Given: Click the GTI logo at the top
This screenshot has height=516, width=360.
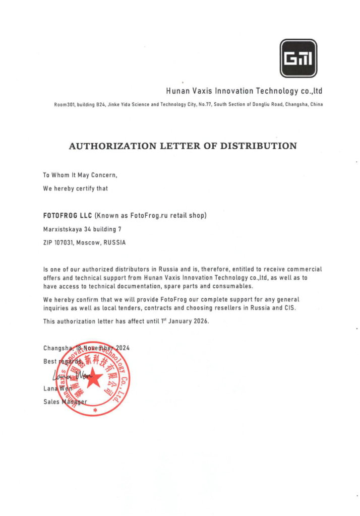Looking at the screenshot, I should coord(298,58).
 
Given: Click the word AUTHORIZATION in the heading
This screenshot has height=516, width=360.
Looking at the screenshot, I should coord(112,147).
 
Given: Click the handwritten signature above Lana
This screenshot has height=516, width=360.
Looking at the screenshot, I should coord(68,375).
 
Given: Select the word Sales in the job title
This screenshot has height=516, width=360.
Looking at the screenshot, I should coord(51,402).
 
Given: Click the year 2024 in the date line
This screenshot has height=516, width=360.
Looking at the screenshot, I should coord(125,348).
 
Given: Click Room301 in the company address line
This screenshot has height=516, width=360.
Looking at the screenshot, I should coord(65,105).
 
